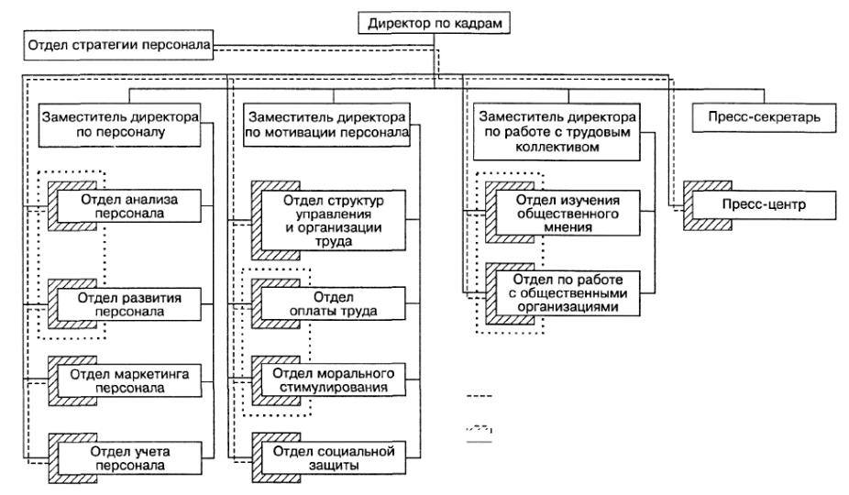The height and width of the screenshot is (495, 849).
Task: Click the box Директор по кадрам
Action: (435, 23)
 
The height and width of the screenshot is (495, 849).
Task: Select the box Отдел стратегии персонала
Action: (118, 45)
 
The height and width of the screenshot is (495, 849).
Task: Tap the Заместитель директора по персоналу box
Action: (120, 125)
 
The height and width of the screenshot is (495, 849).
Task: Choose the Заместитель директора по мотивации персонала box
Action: (326, 125)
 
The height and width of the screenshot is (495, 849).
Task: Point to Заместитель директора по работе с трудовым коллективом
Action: (557, 132)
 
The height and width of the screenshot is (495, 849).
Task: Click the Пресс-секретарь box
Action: (764, 117)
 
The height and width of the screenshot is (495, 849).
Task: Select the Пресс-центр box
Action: (764, 204)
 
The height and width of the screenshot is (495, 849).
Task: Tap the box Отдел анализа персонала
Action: (129, 206)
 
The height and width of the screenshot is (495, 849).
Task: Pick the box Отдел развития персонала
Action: (129, 304)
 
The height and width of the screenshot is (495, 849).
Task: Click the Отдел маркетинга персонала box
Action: (129, 381)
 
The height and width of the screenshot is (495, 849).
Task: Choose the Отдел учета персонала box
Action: (129, 458)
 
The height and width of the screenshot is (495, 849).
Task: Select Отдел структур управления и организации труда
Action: (334, 220)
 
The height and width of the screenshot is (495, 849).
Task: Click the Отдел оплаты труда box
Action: (334, 303)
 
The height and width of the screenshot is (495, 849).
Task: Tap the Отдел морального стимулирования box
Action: (334, 380)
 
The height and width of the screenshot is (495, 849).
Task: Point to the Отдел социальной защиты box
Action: (334, 458)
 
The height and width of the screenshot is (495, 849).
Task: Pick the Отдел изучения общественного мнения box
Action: (568, 213)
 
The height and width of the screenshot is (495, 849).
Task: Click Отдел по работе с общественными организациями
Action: (568, 293)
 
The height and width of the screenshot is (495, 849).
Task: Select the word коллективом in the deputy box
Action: (557, 147)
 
